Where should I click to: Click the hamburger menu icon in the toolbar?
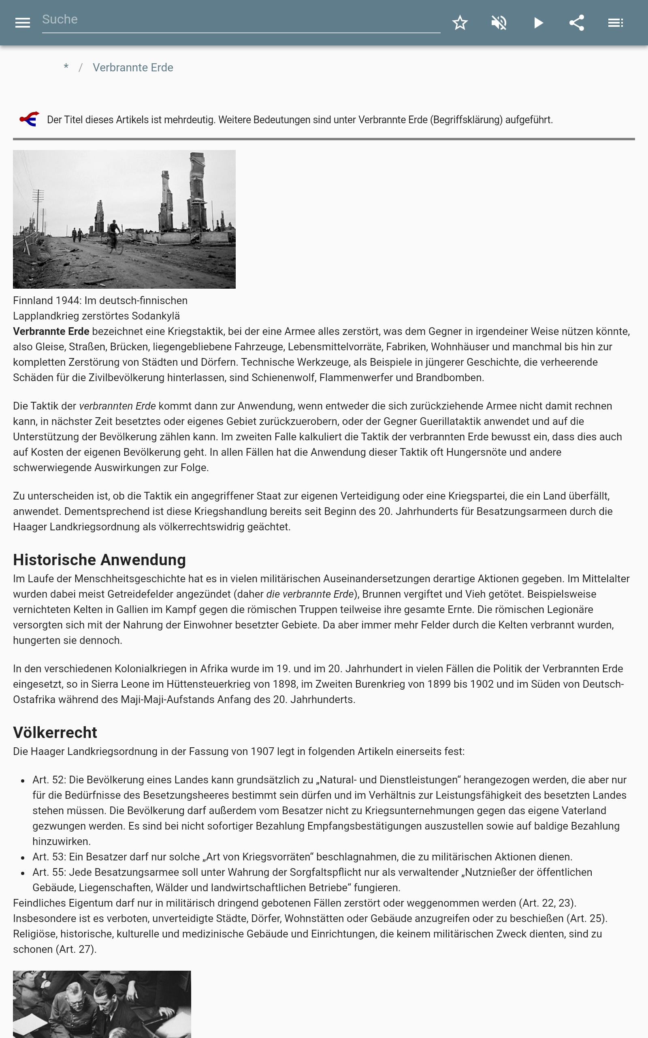[23, 23]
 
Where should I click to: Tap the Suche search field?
[240, 20]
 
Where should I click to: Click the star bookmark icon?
[460, 23]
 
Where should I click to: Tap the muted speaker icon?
[499, 23]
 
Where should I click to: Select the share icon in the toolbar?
[576, 23]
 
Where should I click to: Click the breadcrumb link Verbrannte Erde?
[133, 68]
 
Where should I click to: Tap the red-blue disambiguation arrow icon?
[30, 119]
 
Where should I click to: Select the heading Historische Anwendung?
[100, 560]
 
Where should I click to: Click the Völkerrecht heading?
[55, 733]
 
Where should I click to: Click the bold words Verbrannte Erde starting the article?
[51, 332]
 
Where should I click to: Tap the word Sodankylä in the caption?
[156, 316]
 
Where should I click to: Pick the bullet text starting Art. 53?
[302, 857]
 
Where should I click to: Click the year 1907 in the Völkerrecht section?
[262, 751]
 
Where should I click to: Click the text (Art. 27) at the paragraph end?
[75, 950]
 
